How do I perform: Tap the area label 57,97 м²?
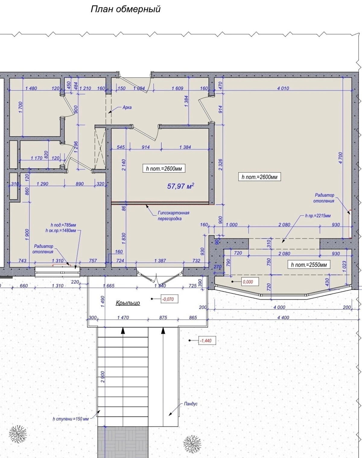180,186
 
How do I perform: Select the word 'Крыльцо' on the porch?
128,303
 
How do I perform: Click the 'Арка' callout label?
127,107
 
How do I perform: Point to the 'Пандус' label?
191,404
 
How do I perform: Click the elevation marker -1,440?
206,341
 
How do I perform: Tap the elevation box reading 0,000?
248,282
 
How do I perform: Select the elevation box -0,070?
168,299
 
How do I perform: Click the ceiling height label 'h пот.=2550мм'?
309,265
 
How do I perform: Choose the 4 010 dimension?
283,88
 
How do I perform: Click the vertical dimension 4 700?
341,158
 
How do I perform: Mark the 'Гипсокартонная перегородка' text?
173,216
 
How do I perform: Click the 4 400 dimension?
283,318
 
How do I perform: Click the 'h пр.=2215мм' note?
318,216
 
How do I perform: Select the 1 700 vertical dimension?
21,108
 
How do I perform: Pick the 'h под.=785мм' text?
63,225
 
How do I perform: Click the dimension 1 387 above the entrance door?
160,261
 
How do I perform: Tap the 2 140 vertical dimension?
124,165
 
